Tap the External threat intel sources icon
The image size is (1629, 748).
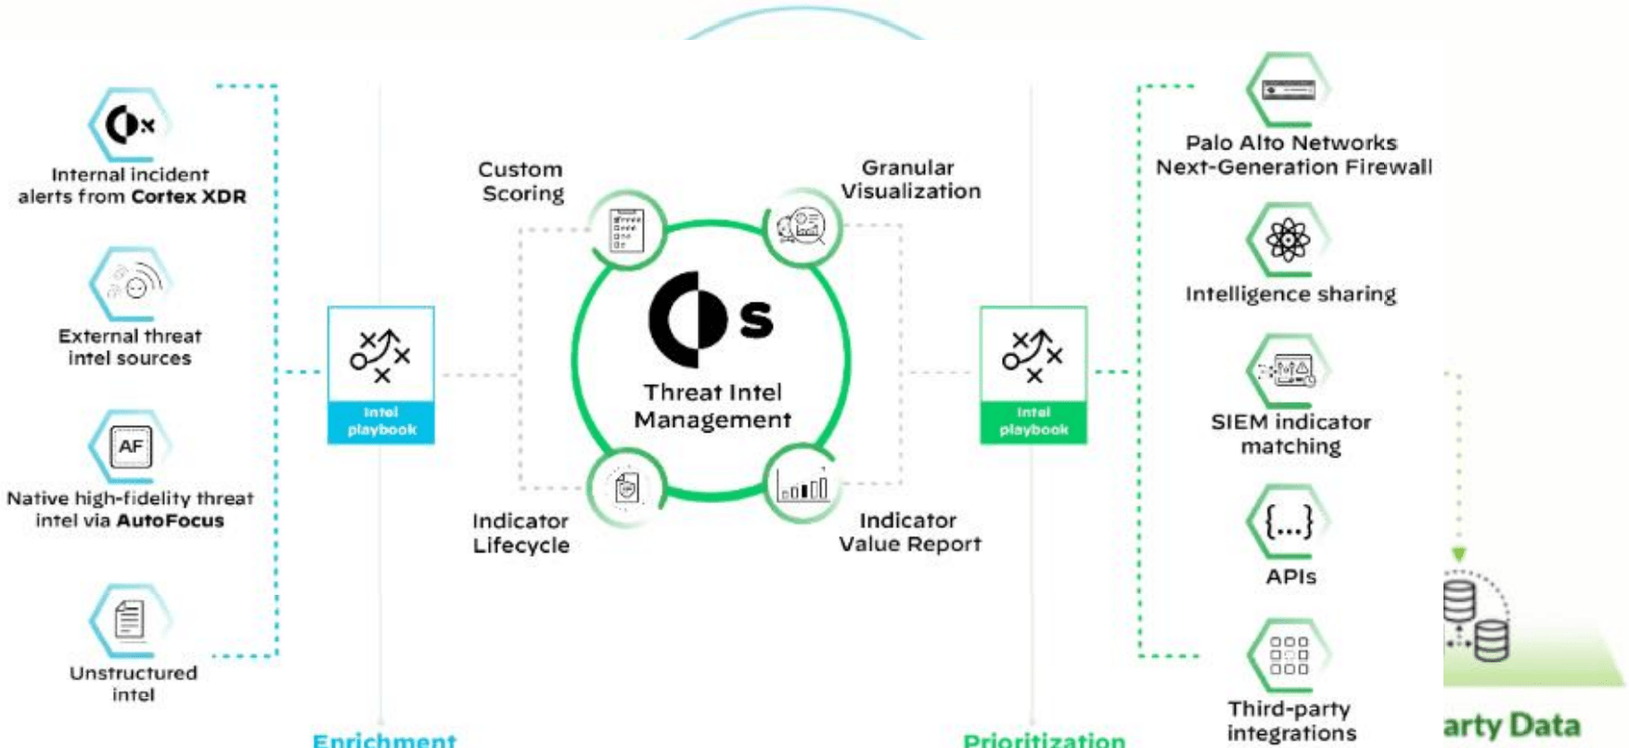click(x=131, y=284)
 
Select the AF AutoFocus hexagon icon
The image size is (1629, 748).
click(x=130, y=446)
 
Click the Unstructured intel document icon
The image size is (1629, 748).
click(x=130, y=619)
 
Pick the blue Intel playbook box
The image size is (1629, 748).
click(x=380, y=374)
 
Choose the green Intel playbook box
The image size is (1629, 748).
click(x=1033, y=374)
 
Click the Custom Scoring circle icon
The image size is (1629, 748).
click(x=627, y=229)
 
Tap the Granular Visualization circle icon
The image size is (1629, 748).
click(x=802, y=226)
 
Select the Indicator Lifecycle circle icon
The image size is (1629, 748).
click(x=627, y=487)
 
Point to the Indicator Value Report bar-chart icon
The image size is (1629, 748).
click(x=802, y=484)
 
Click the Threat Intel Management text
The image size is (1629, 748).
click(x=712, y=406)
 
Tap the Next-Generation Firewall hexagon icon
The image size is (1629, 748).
click(x=1289, y=90)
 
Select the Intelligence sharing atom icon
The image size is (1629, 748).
click(x=1289, y=240)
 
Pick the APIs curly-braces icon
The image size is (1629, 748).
click(x=1289, y=522)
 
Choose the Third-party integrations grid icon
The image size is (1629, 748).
click(x=1289, y=655)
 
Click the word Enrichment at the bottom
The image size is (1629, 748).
click(x=384, y=740)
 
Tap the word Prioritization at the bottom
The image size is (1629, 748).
click(x=1044, y=740)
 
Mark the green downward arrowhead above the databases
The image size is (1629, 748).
click(x=1458, y=555)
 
